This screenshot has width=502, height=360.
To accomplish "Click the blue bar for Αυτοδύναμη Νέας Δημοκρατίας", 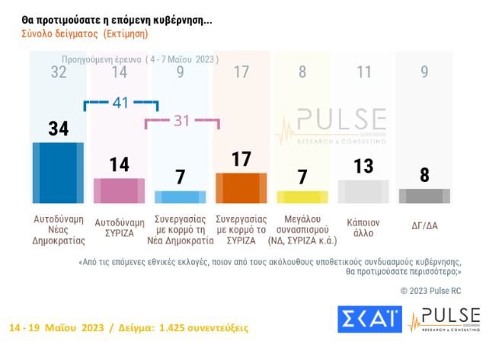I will click(x=59, y=172).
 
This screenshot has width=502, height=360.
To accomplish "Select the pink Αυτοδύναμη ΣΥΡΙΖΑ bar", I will click(x=119, y=190).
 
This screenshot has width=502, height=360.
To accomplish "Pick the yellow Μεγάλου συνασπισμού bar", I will click(x=302, y=196).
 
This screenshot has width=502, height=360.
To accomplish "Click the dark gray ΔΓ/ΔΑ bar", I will click(x=424, y=196).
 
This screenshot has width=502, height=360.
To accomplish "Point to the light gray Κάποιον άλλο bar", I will click(x=363, y=191).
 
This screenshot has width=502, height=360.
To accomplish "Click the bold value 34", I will click(x=59, y=129).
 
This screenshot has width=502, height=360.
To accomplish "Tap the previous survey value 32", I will click(x=59, y=74).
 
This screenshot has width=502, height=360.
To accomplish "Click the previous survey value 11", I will click(x=363, y=74).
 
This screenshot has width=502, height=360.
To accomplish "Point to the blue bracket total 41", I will click(x=120, y=102).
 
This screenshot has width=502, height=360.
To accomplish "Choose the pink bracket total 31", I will click(x=181, y=120).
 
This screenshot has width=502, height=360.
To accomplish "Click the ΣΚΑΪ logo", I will click(x=370, y=319).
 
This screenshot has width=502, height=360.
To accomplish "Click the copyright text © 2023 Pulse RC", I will click(x=430, y=290).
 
